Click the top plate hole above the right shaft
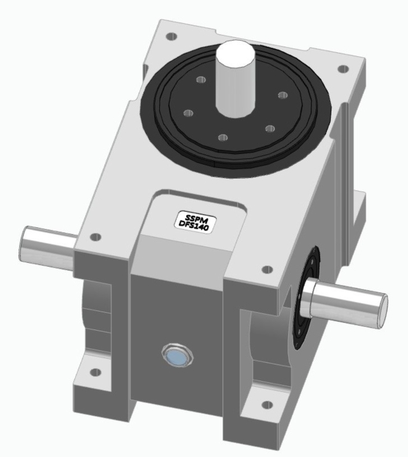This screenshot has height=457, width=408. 267,270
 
